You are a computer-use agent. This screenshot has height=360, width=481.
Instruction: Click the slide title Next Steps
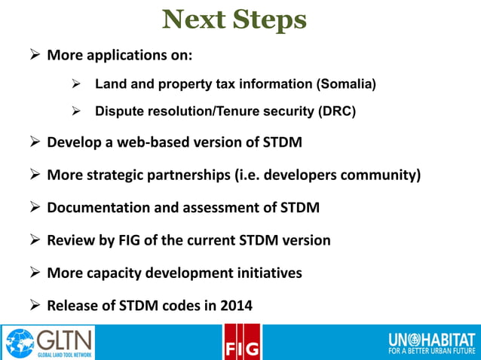pos(234,20)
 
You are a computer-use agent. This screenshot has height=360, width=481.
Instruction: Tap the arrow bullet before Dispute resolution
pos(75,111)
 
